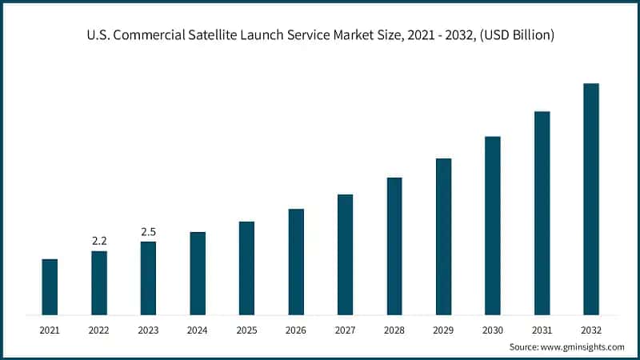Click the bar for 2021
[x=50, y=286]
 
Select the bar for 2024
[x=198, y=273]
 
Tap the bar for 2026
[x=296, y=262]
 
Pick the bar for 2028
[x=394, y=246]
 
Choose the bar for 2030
[x=493, y=226]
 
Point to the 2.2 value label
[x=99, y=240]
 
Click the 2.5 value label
[x=148, y=231]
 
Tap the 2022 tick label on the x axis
[x=99, y=330]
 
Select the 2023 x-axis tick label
[x=148, y=330]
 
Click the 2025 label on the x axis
[x=246, y=330]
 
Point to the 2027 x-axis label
[x=345, y=330]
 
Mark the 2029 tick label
[x=443, y=330]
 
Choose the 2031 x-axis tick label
[x=542, y=330]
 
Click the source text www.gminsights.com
[x=583, y=347]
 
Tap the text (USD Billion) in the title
[x=514, y=35]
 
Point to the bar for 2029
[x=443, y=236]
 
